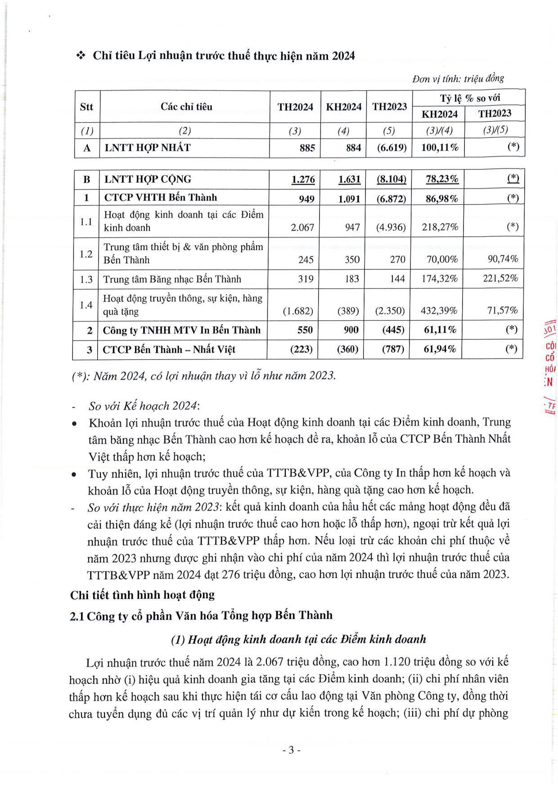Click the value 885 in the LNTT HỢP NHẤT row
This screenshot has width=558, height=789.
pos(307,148)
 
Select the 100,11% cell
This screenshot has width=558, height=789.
pos(439,148)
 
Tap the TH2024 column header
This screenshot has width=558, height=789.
pos(295,107)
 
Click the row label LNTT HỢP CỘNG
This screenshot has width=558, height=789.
pos(148,179)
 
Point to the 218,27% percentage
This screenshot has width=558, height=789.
pos(440,227)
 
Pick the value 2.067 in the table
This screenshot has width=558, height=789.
pos(302,227)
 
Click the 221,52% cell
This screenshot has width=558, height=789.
pos(500,278)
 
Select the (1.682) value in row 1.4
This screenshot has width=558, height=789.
pos(297,311)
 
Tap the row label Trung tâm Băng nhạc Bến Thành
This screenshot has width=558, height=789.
pos(172,279)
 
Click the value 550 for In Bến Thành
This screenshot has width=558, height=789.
pos(305,330)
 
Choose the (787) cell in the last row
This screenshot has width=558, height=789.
pos(392,349)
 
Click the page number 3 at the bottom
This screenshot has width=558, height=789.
pos(291,750)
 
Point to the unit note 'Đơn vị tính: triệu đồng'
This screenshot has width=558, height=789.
pos(458,79)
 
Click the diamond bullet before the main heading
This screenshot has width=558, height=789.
pos(81,56)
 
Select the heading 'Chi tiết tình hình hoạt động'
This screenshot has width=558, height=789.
pos(142,595)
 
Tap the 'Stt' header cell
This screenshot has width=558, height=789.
pos(86,107)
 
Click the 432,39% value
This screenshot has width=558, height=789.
pos(439,311)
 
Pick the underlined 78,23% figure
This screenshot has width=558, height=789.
pos(441,179)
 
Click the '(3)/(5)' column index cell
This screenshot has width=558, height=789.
pos(495,130)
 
